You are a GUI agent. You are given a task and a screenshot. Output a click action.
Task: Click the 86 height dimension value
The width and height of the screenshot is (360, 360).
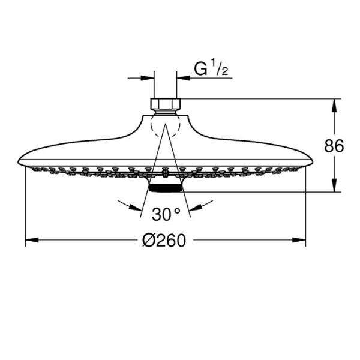335,146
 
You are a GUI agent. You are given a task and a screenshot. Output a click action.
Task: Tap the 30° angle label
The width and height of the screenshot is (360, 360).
166,214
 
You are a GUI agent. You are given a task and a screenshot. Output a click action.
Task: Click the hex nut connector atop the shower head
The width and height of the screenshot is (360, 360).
166,104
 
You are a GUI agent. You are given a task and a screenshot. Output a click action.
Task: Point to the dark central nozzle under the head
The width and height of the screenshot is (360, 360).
166,188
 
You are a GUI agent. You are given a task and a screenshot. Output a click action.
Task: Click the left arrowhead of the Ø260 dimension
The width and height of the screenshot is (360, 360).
30,240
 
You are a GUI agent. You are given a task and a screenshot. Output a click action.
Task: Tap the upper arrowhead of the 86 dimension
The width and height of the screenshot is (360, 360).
334,103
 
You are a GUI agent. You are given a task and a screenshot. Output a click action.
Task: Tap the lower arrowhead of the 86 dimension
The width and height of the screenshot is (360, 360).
334,187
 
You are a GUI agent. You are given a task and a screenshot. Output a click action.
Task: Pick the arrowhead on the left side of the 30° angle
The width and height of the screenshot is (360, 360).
136,206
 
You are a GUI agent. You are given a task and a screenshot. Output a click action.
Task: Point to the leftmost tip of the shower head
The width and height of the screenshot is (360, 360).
19,160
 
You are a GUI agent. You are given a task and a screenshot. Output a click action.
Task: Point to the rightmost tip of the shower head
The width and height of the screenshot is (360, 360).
313,160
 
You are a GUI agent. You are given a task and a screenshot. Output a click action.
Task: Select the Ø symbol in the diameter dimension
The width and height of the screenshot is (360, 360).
148,241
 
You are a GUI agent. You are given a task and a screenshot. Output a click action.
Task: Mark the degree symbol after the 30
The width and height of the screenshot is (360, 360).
177,211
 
